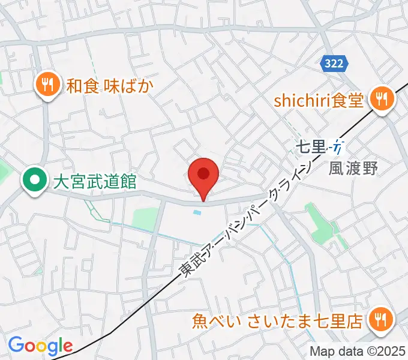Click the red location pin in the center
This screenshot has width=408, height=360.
(x=203, y=175)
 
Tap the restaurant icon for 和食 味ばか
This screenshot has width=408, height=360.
(x=47, y=85)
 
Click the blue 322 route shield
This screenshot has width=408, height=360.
(x=332, y=62)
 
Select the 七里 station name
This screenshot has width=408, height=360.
(x=311, y=146)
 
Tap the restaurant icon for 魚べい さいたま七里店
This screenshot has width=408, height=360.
(x=380, y=320)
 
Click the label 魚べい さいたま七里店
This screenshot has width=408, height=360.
(x=277, y=322)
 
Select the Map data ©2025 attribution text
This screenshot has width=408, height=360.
(x=357, y=351)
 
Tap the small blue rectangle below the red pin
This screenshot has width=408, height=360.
(x=197, y=212)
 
